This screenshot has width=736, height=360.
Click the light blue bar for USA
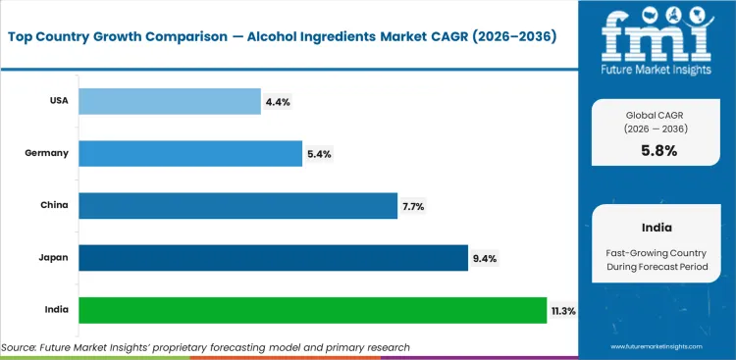click(x=169, y=100)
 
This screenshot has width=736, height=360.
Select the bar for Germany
click(x=189, y=153)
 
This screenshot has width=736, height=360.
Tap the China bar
click(x=237, y=205)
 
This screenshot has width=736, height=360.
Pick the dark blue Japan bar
click(x=273, y=257)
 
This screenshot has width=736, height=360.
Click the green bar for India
click(x=312, y=310)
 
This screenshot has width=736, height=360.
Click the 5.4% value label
click(x=318, y=153)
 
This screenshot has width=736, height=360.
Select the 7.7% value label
click(x=413, y=205)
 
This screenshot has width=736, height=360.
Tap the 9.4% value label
click(x=485, y=257)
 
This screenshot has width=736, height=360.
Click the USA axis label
click(x=58, y=100)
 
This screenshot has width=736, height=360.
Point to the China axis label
click(x=55, y=205)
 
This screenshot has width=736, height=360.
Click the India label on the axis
click(x=56, y=310)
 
